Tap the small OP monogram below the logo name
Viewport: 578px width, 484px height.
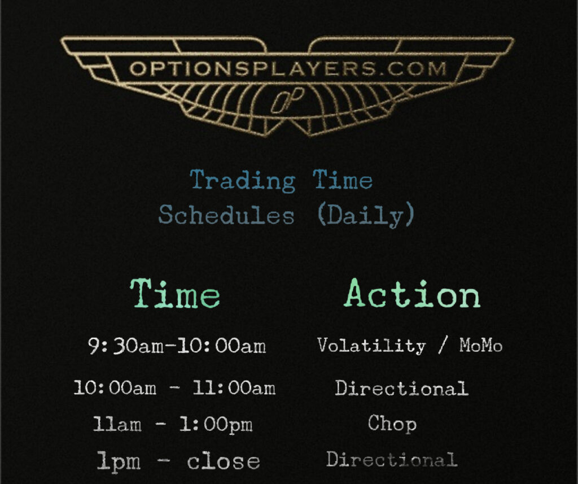click(x=288, y=101)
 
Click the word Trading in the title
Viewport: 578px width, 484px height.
click(x=243, y=181)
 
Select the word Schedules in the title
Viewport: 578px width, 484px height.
click(x=226, y=215)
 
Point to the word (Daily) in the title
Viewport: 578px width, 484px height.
click(x=366, y=215)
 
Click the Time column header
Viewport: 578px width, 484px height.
click(x=175, y=294)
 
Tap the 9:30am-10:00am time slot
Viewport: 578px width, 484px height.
click(x=177, y=346)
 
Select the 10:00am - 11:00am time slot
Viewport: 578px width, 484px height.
click(x=174, y=388)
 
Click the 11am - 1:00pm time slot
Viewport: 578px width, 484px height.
click(x=173, y=424)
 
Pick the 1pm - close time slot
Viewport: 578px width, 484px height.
click(x=178, y=461)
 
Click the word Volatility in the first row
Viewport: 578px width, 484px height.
click(x=371, y=346)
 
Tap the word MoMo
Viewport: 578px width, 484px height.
click(x=481, y=345)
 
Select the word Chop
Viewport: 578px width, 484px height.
click(x=392, y=424)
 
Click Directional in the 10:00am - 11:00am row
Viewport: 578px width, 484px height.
click(x=402, y=388)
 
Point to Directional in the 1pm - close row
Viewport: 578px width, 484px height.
click(x=392, y=459)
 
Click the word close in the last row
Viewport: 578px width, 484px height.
click(x=224, y=461)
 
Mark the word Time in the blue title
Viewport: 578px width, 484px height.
click(x=343, y=180)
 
